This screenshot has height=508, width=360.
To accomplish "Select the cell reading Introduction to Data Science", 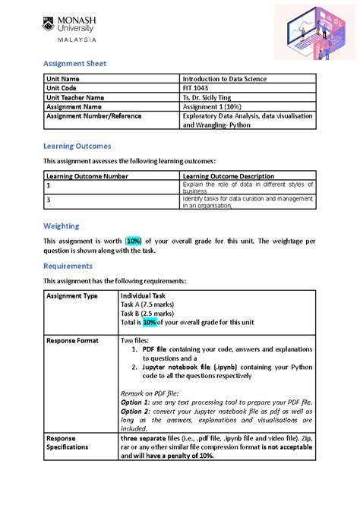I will tap(224, 79).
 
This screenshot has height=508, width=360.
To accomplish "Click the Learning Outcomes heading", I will tap(77, 145).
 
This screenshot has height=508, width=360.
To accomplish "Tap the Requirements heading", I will tap(68, 266).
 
